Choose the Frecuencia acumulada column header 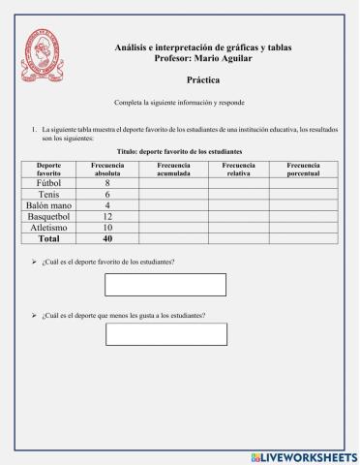[x=173, y=170]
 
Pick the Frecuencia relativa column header [x=238, y=170]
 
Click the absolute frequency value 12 [x=107, y=217]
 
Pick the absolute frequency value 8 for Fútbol [x=107, y=183]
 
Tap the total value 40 [x=107, y=239]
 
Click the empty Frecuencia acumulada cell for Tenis [x=173, y=195]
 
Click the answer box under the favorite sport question [x=165, y=285]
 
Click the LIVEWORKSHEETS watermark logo [x=304, y=456]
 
